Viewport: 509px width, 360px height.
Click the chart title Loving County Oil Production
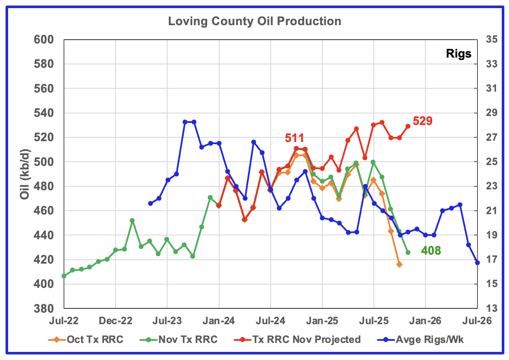click(x=254, y=21)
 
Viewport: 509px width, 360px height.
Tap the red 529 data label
click(x=422, y=121)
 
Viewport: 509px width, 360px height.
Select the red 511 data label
click(x=294, y=138)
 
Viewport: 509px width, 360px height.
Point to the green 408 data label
click(x=431, y=251)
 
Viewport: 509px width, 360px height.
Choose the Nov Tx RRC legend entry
click(x=187, y=340)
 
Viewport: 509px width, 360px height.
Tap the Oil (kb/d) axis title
click(x=24, y=174)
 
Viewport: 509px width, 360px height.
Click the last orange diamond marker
click(x=399, y=264)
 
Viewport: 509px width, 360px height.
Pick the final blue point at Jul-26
click(x=477, y=263)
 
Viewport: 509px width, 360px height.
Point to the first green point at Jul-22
click(x=64, y=276)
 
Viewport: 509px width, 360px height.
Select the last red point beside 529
click(x=408, y=126)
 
